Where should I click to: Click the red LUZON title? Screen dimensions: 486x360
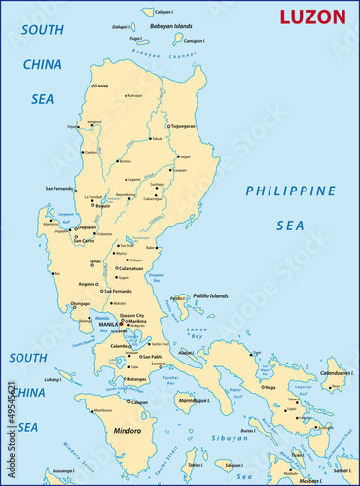(312, 17)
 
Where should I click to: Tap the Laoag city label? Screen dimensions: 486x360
(100, 86)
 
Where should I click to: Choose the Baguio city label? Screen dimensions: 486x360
(102, 206)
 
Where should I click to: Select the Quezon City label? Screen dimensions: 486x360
(130, 316)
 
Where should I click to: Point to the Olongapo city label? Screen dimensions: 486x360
(81, 304)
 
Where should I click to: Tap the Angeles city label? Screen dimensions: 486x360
(87, 284)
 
